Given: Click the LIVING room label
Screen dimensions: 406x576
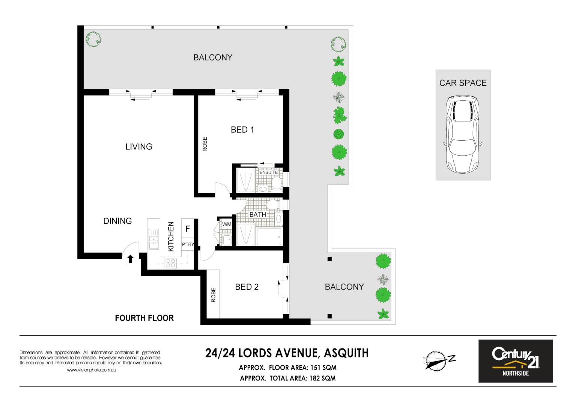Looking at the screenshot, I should (x=138, y=147).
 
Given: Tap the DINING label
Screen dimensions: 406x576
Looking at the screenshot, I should (x=117, y=221).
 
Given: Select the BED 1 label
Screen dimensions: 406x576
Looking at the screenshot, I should (x=242, y=130).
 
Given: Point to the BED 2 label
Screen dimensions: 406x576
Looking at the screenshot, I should (x=247, y=287).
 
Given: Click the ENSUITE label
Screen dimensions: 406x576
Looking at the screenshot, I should (x=269, y=173).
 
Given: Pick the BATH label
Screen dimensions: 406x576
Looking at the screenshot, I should (x=257, y=215).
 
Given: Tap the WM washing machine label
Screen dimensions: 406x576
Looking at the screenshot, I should (x=227, y=224).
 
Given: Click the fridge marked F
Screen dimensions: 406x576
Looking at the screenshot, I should (x=188, y=229).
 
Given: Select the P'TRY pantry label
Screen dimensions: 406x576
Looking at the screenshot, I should (x=188, y=244).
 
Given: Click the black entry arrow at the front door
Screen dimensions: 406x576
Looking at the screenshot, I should (x=130, y=259).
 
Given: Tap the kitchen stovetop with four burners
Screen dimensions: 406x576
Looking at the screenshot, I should (x=171, y=263).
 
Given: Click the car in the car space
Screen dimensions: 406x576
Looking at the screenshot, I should (x=462, y=134).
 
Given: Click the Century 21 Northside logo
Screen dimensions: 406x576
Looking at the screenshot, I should (x=515, y=361).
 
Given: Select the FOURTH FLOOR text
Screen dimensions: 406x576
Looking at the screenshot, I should (x=144, y=318).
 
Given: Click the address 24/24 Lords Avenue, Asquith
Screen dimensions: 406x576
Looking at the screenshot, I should (x=287, y=353).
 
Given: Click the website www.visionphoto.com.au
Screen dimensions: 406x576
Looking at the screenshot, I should (x=91, y=370).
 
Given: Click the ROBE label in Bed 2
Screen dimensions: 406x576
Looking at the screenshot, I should (x=214, y=295).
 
